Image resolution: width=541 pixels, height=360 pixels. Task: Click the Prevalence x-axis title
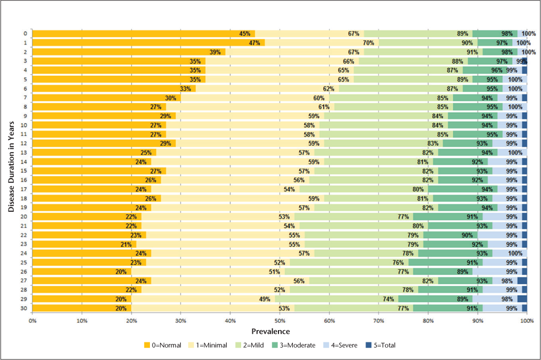(x=279, y=331)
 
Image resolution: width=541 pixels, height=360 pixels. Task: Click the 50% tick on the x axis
(x=279, y=320)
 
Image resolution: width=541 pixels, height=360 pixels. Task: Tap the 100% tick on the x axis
(x=527, y=320)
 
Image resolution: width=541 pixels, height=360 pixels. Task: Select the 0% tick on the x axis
(x=32, y=320)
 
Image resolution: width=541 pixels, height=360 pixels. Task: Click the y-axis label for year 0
(x=25, y=34)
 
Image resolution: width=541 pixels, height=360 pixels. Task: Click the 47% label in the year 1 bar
(x=254, y=43)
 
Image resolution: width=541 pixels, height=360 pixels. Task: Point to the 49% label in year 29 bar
(x=265, y=299)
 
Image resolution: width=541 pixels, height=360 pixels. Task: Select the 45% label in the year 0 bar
(x=244, y=34)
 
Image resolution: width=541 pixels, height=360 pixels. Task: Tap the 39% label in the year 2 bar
(x=215, y=52)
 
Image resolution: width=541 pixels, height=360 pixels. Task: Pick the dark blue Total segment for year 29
(x=522, y=299)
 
